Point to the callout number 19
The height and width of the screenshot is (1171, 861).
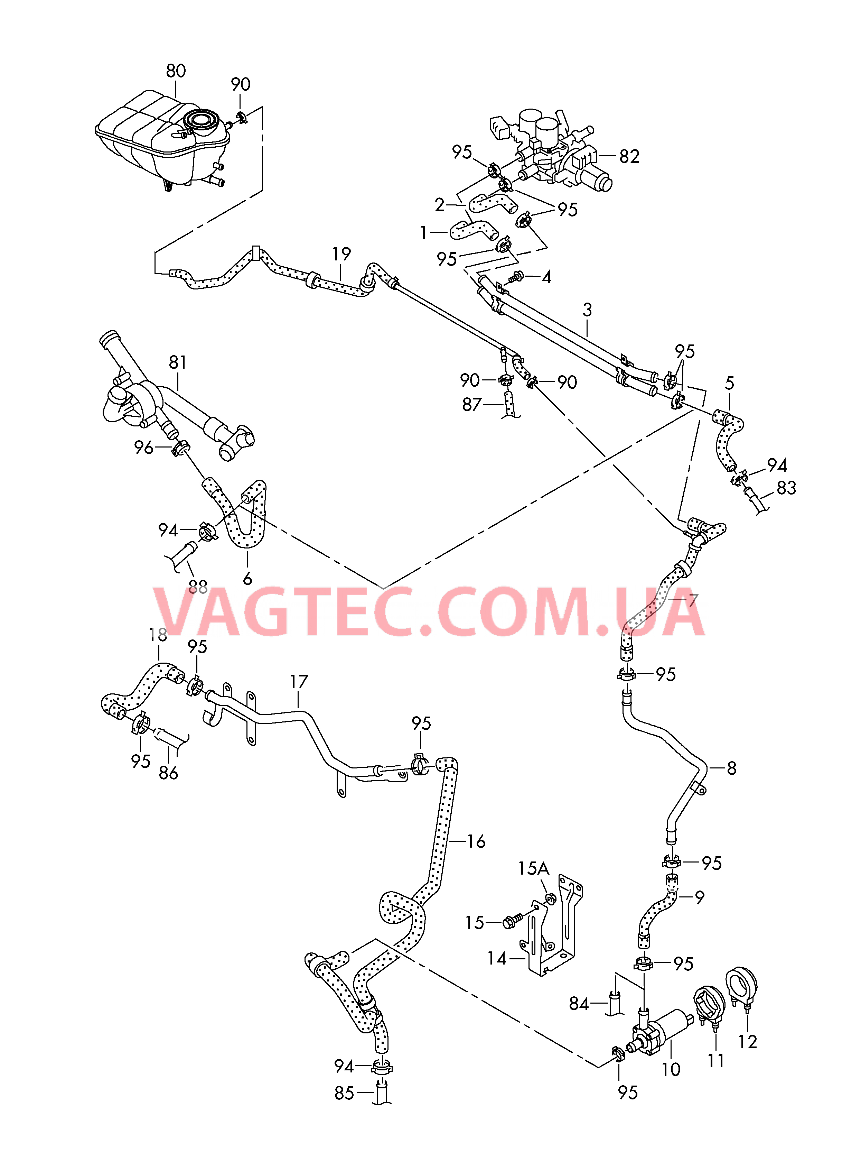pyautogui.click(x=341, y=255)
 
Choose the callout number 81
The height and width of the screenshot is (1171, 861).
pyautogui.click(x=178, y=362)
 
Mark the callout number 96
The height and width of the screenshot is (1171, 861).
pyautogui.click(x=143, y=447)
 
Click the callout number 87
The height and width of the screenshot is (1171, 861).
pyautogui.click(x=472, y=405)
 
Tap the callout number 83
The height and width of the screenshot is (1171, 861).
pyautogui.click(x=786, y=488)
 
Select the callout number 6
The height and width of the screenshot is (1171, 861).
pyautogui.click(x=247, y=578)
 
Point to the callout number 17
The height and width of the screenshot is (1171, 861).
pyautogui.click(x=299, y=681)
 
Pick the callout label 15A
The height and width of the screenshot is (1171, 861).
pyautogui.click(x=533, y=869)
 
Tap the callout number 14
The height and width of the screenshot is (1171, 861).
pyautogui.click(x=497, y=958)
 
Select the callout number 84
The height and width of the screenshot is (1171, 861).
pyautogui.click(x=579, y=1004)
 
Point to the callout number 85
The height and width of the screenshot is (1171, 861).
pyautogui.click(x=344, y=1093)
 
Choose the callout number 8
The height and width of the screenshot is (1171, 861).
pyautogui.click(x=732, y=768)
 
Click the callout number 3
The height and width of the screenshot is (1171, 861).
pyautogui.click(x=587, y=310)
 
